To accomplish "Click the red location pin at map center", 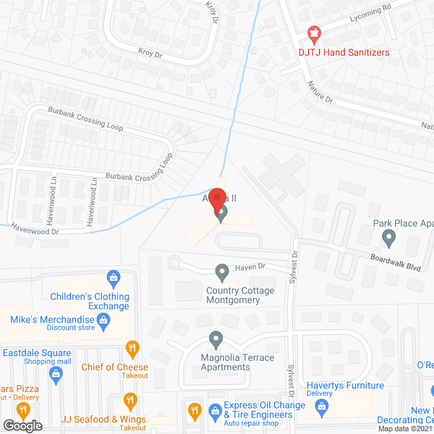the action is coord(217,199).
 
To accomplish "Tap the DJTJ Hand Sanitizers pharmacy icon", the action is coord(313,32).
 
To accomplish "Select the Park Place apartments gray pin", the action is coord(389,238).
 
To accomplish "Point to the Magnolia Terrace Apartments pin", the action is coord(216,338).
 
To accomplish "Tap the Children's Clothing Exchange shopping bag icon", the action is coord(113,277).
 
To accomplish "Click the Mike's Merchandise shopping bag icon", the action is coord(104,325).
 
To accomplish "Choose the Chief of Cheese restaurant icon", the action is coord(132,350).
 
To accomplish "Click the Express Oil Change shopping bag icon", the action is coord(215,410).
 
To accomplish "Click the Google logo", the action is coord(22,426).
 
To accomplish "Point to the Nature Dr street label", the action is coord(319,92).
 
